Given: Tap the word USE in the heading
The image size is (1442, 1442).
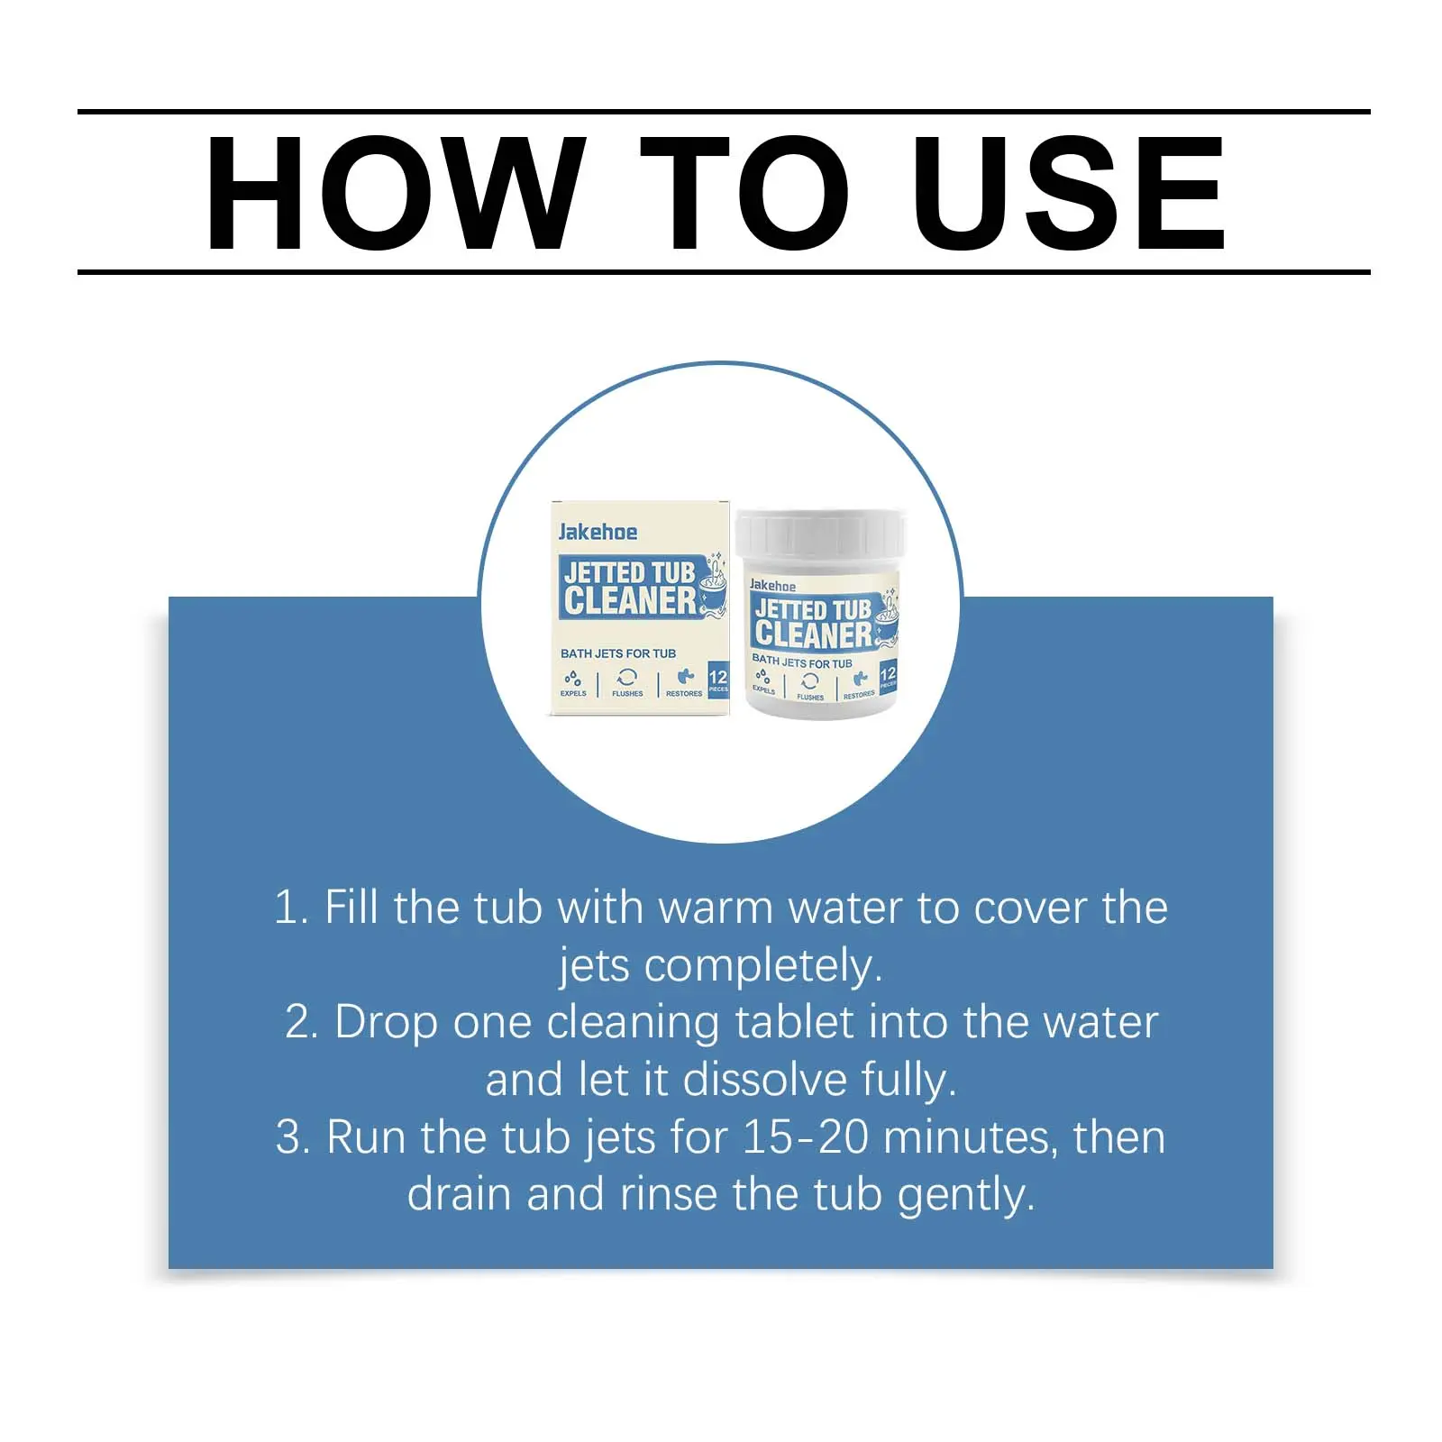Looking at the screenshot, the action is (1069, 193).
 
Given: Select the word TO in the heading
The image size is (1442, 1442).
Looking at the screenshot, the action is (745, 193).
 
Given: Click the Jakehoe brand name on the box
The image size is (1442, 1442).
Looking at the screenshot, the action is (598, 532).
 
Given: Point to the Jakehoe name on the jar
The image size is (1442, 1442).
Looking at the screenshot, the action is (772, 586).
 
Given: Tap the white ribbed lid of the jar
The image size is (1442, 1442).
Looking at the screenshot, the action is (820, 534).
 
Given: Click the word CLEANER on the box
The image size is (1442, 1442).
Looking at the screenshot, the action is (630, 601).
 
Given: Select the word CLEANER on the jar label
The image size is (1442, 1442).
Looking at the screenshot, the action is (813, 634).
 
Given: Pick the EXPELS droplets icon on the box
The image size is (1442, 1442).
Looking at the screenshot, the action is (572, 678).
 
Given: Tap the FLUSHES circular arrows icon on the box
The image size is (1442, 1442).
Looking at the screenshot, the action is (627, 678).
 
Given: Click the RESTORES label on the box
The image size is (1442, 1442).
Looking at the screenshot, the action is (684, 693).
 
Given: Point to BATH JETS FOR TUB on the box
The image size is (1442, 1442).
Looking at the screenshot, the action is (618, 653).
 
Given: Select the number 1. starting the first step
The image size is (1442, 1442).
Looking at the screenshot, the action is (292, 907).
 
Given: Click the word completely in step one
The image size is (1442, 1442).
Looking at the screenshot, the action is (763, 966).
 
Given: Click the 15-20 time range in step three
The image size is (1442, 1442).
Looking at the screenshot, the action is (806, 1137).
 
